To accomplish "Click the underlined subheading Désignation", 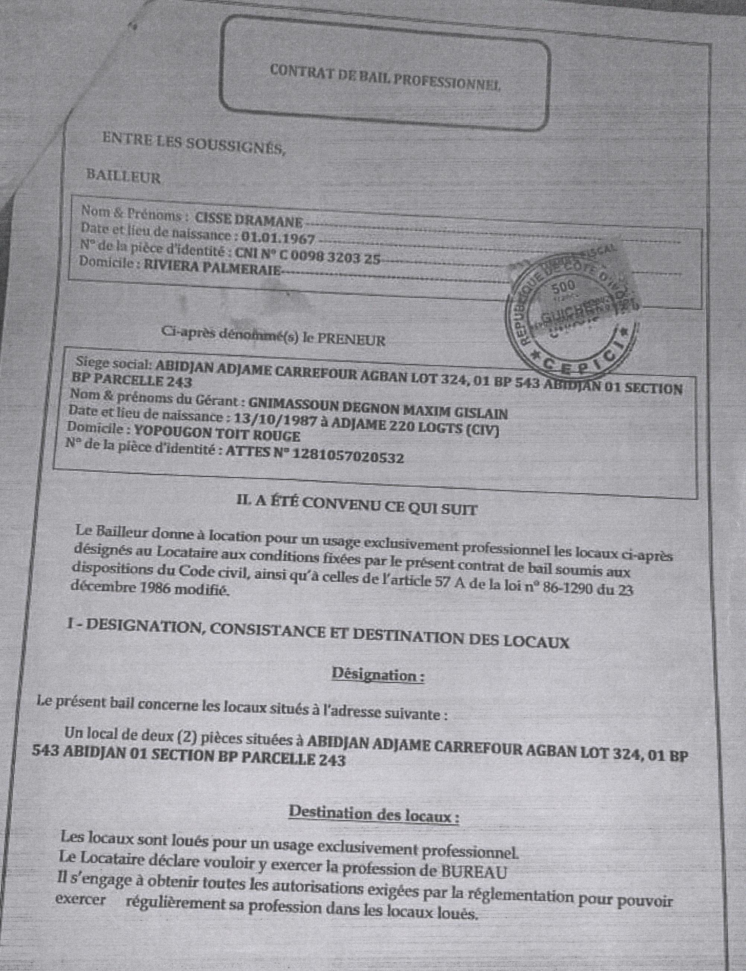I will (x=377, y=676).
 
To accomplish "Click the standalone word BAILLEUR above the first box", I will (x=123, y=178).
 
